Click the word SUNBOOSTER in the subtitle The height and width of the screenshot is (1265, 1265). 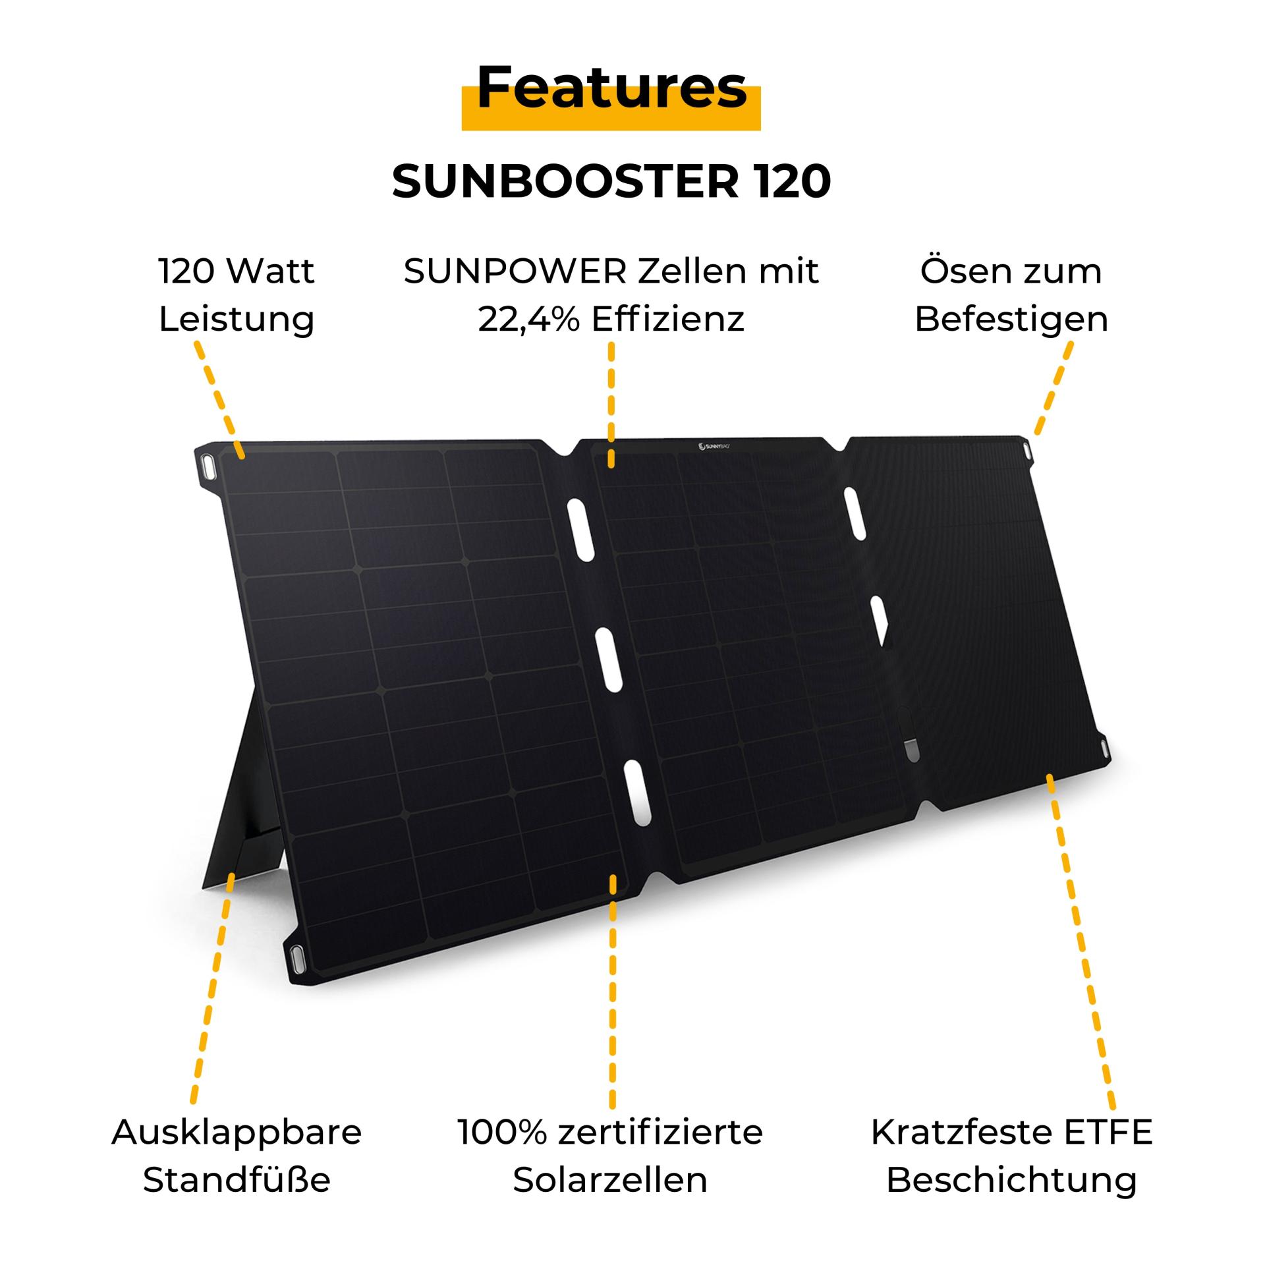click(x=566, y=182)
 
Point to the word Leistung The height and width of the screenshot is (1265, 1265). click(x=237, y=320)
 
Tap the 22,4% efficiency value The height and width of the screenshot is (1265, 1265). click(x=529, y=320)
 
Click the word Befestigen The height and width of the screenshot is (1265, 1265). click(x=1011, y=320)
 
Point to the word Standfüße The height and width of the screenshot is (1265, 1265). click(x=237, y=1180)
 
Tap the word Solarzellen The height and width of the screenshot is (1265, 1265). click(x=610, y=1180)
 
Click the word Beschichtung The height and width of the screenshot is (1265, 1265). click(x=1011, y=1180)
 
